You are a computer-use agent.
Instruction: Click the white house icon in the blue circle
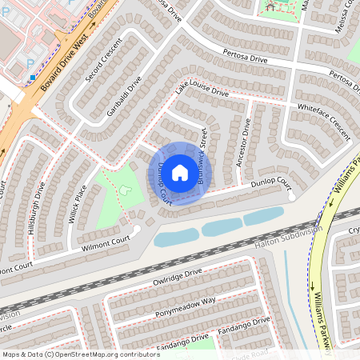coord(180,173)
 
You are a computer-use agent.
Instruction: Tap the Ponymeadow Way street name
coord(186,300)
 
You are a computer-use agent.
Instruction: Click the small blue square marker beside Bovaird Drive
coord(33,78)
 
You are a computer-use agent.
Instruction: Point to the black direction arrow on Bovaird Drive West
coord(92,25)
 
